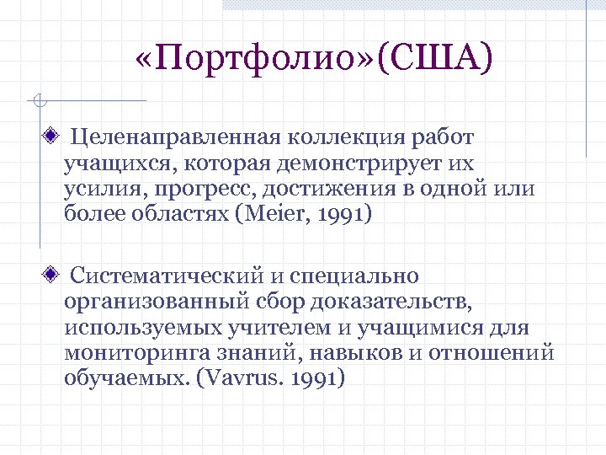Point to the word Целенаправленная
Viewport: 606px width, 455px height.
(177, 136)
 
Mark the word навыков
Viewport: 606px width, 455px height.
(354, 352)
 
